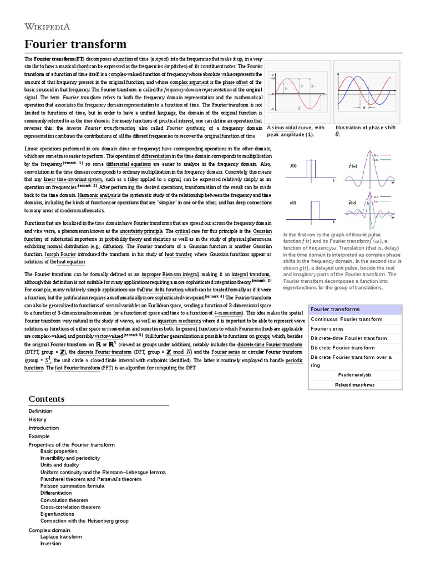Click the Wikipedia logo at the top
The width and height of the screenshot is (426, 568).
(54, 26)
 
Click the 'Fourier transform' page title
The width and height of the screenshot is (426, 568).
(75, 44)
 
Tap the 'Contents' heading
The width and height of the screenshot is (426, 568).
(47, 399)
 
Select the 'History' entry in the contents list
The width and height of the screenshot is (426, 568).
(38, 419)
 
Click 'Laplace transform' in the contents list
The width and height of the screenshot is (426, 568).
(61, 536)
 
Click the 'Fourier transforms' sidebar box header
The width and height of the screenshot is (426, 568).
(335, 309)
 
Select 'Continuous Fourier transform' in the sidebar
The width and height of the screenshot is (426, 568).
(347, 319)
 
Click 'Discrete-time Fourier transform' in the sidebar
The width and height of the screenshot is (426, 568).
(351, 338)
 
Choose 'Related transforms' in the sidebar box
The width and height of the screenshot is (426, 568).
(356, 384)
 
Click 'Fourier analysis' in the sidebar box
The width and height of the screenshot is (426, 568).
(356, 375)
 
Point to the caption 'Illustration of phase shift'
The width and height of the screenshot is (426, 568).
(366, 128)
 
